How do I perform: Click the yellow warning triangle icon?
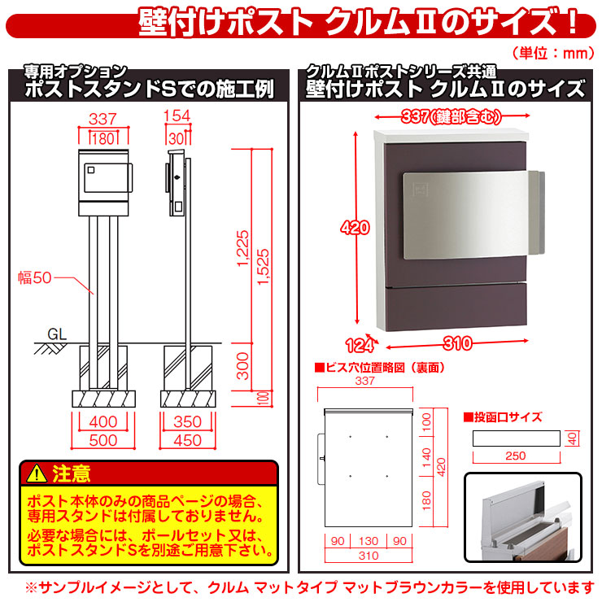(35, 473)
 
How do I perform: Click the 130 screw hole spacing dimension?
(369, 540)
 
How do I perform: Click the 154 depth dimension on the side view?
(176, 116)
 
